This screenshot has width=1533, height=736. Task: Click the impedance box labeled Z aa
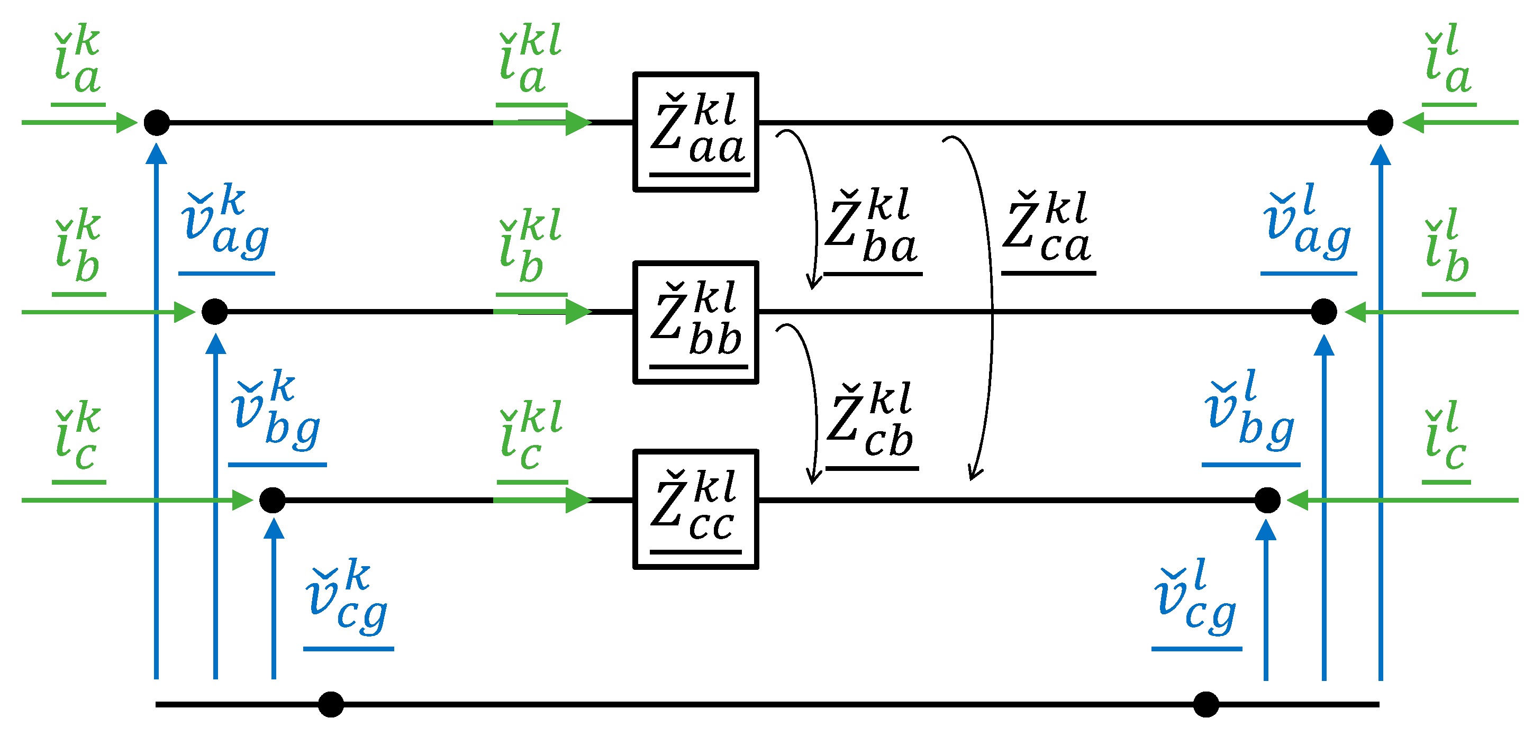click(695, 132)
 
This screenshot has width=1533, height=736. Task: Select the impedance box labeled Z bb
click(695, 322)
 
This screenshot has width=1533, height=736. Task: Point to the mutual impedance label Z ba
click(873, 229)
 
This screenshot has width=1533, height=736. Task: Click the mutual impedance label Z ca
click(1047, 229)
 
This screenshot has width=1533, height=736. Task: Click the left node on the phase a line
click(157, 123)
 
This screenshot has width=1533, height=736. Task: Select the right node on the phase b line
click(1324, 312)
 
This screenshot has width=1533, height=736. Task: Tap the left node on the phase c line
click(273, 500)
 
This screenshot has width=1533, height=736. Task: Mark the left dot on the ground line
click(331, 704)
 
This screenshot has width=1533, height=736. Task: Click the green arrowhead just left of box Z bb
click(577, 312)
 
